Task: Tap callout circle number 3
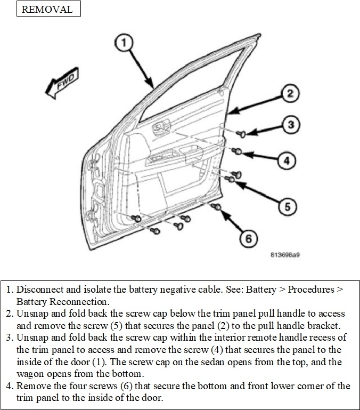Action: pos(289,125)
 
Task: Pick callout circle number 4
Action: pos(286,160)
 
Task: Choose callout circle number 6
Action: pos(246,239)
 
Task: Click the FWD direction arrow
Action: pos(60,85)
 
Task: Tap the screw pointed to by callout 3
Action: pos(239,132)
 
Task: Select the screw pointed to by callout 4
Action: pos(239,152)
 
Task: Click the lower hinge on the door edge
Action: pos(95,205)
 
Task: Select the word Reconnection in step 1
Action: pos(73,301)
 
